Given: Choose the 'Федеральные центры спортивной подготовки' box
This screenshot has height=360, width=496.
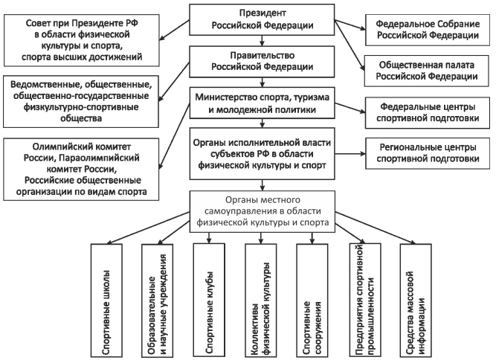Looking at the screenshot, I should click(423, 111).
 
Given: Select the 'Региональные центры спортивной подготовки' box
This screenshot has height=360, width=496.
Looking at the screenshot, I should click(423, 152).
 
